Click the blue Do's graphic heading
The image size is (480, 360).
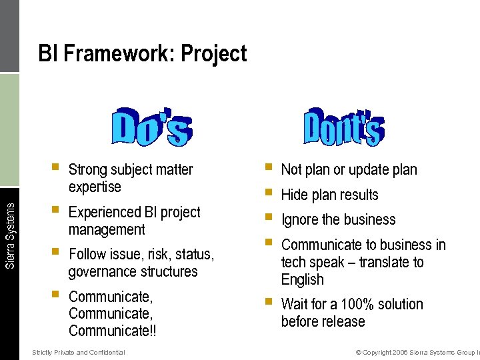pyautogui.click(x=151, y=127)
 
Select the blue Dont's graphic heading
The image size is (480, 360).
pyautogui.click(x=343, y=125)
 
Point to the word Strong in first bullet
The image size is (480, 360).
pyautogui.click(x=88, y=170)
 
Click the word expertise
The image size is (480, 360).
pyautogui.click(x=95, y=187)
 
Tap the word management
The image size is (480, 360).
pyautogui.click(x=107, y=230)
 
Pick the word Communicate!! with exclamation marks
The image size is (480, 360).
pyautogui.click(x=113, y=331)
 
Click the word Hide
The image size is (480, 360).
pyautogui.click(x=293, y=195)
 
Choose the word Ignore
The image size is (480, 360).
pyautogui.click(x=301, y=220)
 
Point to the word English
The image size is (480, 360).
pyautogui.click(x=303, y=280)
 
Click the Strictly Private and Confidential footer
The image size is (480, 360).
pyautogui.click(x=78, y=352)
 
